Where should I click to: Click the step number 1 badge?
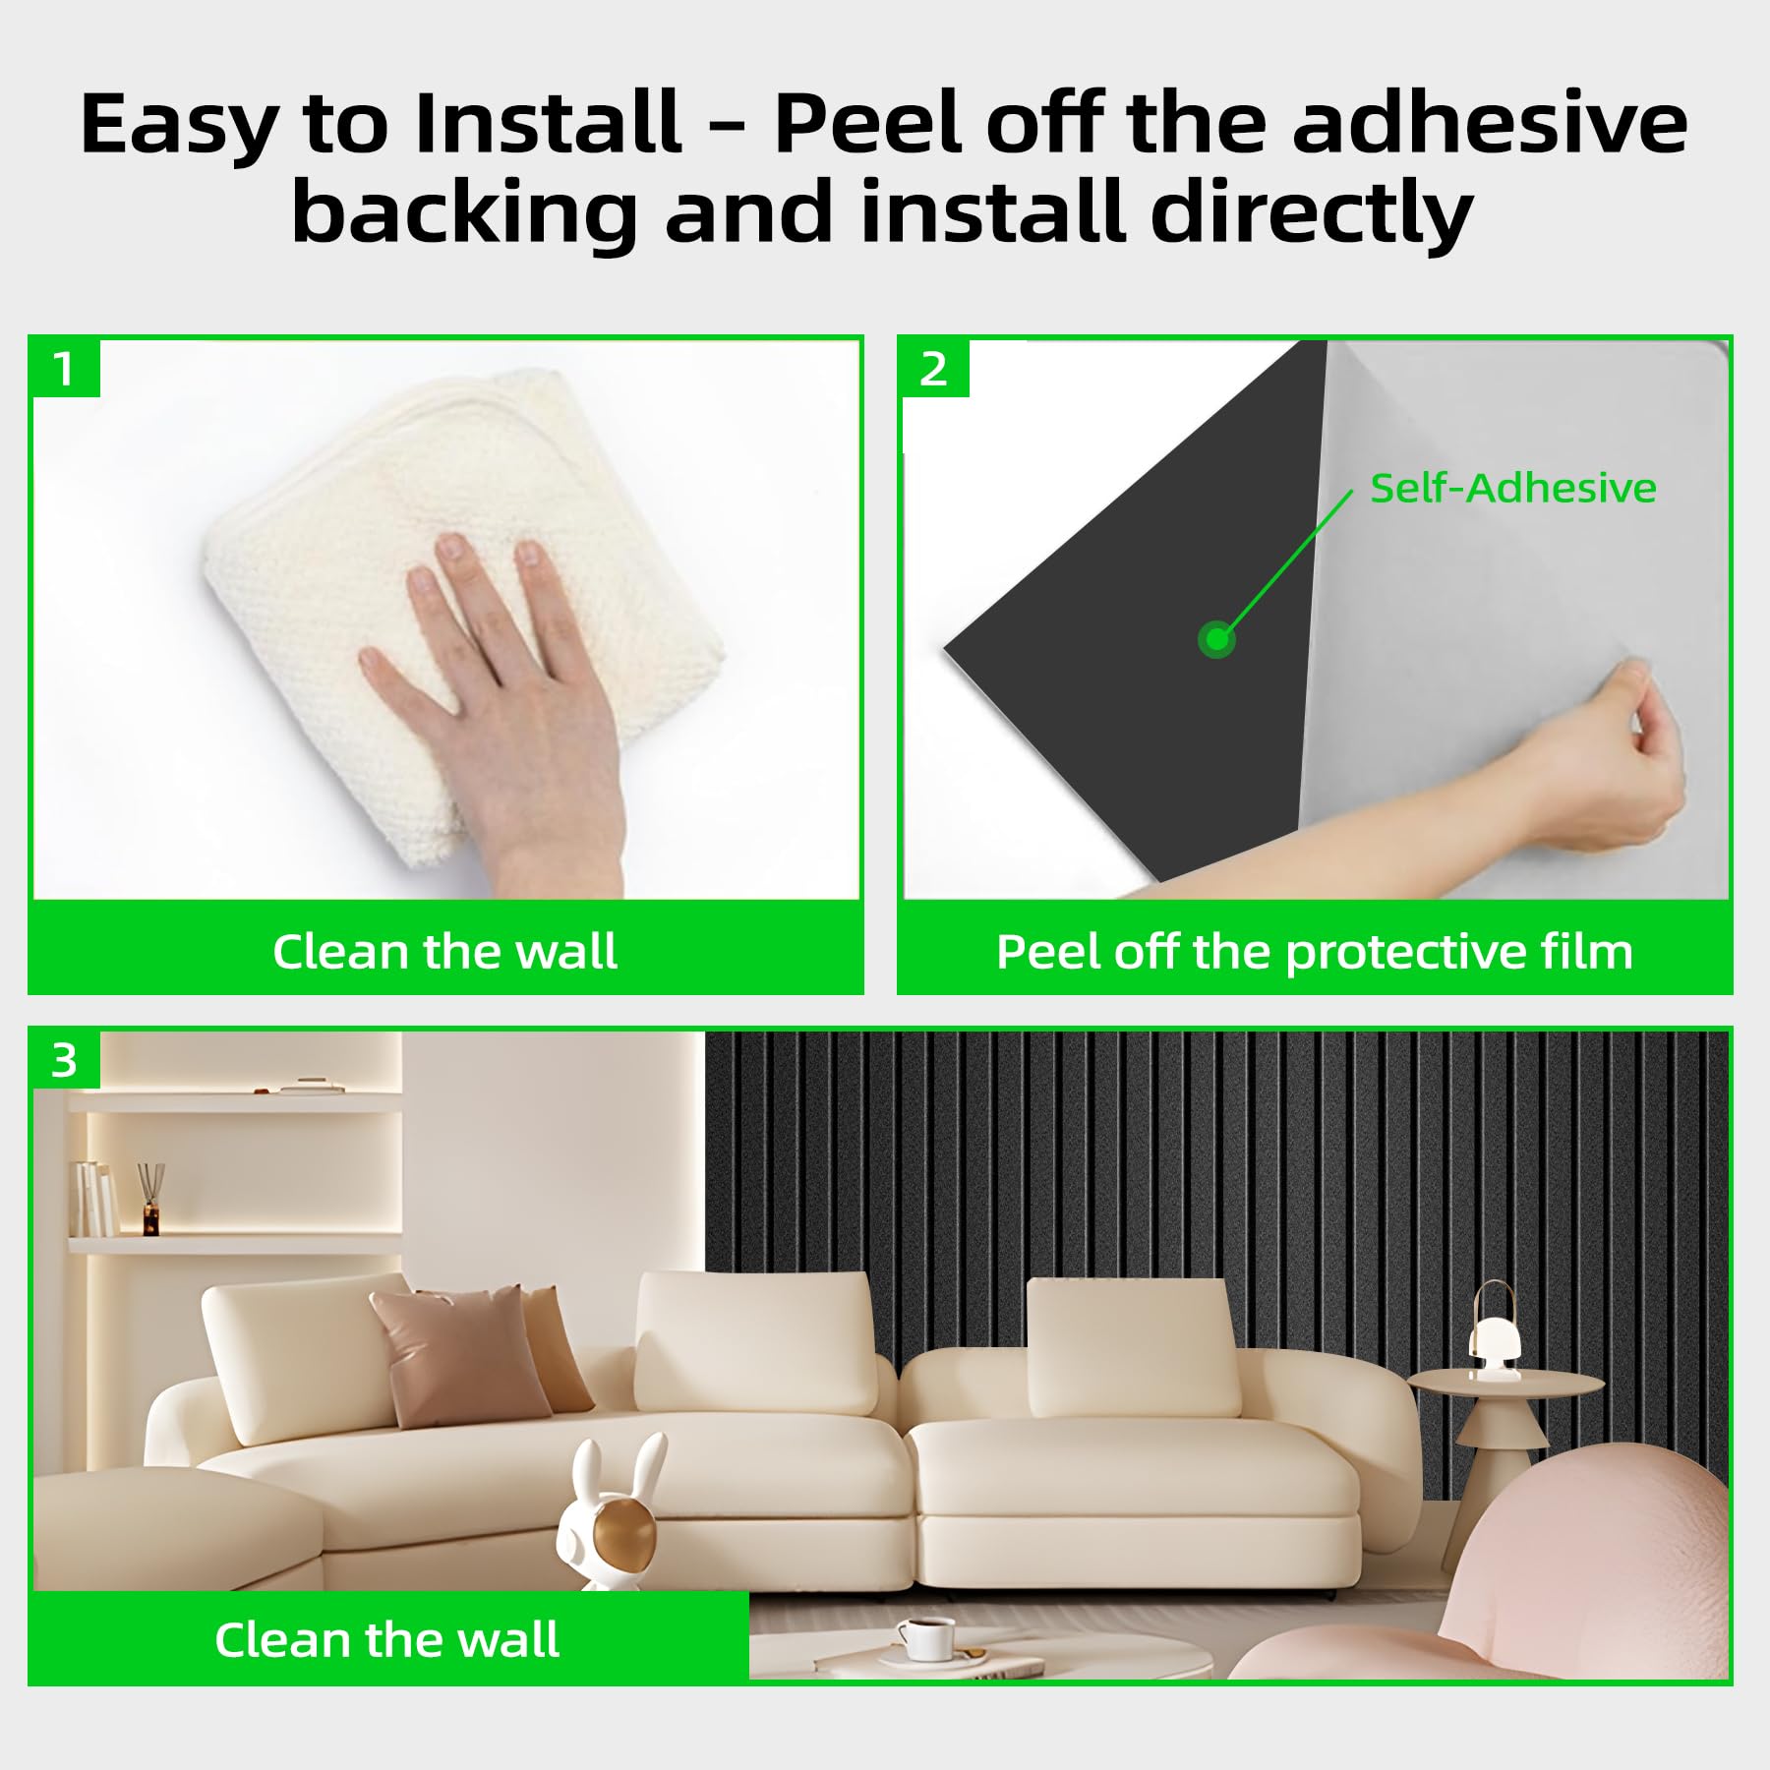tap(65, 369)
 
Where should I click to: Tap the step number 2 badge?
tap(934, 369)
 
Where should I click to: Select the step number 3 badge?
tap(65, 1060)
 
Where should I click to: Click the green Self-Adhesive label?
tap(1512, 488)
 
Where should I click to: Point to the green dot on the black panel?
tap(1216, 640)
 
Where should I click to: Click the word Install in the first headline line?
tap(549, 124)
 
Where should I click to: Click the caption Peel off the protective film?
tap(1315, 951)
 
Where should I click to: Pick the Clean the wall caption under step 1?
tap(445, 951)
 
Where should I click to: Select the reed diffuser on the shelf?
tap(149, 1201)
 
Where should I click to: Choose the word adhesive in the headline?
tap(1491, 124)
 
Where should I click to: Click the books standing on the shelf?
tap(95, 1198)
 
